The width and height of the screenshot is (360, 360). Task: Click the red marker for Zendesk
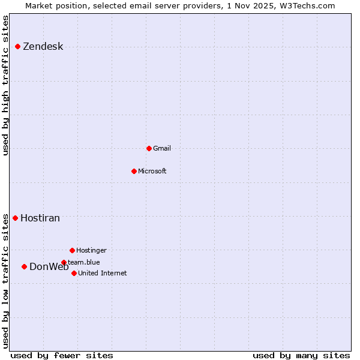coord(17,46)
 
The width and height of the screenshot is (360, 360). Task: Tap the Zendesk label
coord(43,47)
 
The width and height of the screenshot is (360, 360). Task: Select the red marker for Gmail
coord(149,148)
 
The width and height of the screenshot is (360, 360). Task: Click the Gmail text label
coord(162,148)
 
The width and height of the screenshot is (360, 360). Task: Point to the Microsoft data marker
coord(134,171)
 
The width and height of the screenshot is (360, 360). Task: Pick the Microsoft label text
coord(152,171)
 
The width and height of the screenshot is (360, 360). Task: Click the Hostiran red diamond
coord(15,218)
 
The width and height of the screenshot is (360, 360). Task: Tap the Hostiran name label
coord(40,218)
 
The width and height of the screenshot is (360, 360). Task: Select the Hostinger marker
coord(72,250)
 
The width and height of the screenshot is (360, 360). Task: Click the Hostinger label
coord(91,250)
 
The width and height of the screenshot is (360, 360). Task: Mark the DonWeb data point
coord(24,266)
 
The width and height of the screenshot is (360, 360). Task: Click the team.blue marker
coord(64,262)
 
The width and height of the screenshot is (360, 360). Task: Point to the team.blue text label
coord(84,262)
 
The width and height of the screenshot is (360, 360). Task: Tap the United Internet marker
coord(74,273)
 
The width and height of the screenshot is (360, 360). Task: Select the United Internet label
coord(102,273)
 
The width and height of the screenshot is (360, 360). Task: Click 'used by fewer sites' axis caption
coord(62,355)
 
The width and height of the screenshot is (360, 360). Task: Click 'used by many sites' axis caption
coord(301,355)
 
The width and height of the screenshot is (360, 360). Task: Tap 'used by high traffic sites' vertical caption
coord(6,85)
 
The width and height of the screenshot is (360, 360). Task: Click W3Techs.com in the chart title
coord(306,5)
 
